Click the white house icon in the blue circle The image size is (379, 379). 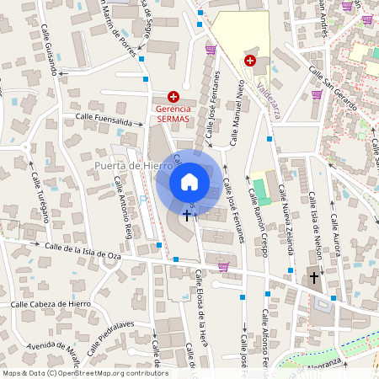189,181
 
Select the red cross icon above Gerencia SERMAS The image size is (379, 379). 173,97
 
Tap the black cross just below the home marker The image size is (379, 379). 187,216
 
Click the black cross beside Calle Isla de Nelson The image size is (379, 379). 314,277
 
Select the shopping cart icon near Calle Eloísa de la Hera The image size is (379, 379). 223,266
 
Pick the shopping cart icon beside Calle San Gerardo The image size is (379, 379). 317,94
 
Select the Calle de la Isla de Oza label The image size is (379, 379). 83,250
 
